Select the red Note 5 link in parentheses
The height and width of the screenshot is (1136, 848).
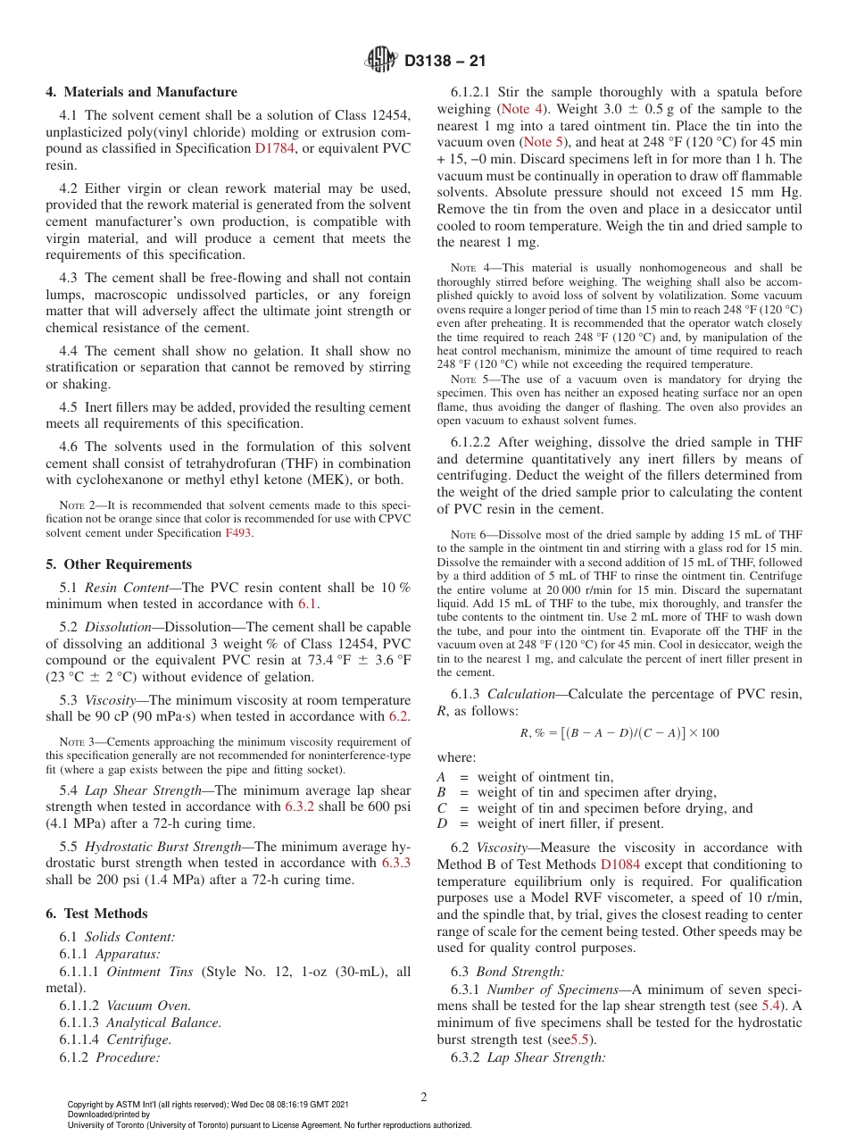point(544,142)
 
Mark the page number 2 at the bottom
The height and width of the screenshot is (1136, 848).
point(424,1097)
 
